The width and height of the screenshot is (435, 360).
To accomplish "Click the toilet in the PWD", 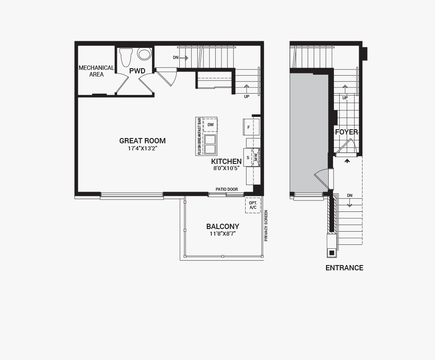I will [126, 56].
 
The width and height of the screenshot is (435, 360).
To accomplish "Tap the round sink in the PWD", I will [144, 54].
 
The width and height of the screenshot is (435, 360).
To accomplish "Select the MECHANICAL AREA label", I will [96, 71].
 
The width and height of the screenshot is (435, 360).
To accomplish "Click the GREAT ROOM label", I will [142, 141].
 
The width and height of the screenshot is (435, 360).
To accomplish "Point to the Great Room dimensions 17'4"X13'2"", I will [142, 149].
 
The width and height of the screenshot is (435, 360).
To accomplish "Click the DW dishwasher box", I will [210, 125].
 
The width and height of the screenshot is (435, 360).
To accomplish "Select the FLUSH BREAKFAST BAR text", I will [199, 136].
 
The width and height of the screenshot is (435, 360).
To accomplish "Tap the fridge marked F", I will [249, 127].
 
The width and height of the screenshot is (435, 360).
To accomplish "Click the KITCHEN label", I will [226, 162].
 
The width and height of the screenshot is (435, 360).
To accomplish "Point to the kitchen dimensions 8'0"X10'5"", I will [226, 168].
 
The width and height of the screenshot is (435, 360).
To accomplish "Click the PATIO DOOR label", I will [227, 189].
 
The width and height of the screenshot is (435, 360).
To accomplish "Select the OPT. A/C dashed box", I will [253, 205].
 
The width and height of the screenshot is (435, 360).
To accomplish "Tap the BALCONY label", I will [223, 227].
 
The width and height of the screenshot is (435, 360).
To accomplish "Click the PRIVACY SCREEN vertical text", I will [266, 225].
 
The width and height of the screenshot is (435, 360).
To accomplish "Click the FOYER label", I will [346, 132].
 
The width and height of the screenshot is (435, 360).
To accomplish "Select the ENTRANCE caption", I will [344, 268].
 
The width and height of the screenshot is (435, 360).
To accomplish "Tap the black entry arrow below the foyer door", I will [347, 161].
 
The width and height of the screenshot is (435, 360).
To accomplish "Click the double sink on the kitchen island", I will [210, 144].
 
